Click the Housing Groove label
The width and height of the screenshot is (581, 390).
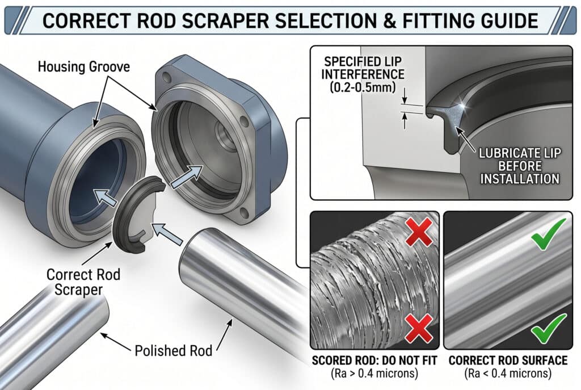pyautogui.click(x=84, y=67)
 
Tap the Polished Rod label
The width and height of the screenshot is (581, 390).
pyautogui.click(x=173, y=350)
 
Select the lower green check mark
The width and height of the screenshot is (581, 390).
pyautogui.click(x=548, y=326)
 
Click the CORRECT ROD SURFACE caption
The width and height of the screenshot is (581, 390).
pyautogui.click(x=507, y=360)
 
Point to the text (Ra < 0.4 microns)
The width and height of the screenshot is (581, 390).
pyautogui.click(x=507, y=374)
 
